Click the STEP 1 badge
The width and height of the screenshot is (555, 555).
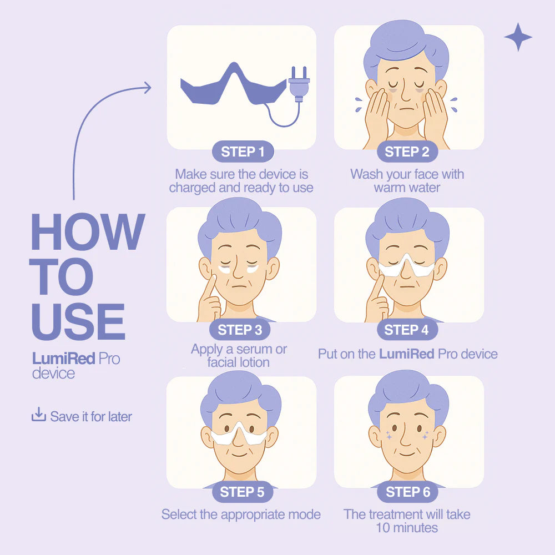(243, 152)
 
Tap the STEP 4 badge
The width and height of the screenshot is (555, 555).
(406, 330)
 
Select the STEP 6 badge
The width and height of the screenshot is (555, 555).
(408, 492)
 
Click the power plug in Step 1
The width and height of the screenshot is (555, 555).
(299, 84)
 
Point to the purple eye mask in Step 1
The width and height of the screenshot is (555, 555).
(233, 85)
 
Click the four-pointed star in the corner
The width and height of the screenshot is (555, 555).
(518, 37)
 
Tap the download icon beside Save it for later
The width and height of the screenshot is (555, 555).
(39, 415)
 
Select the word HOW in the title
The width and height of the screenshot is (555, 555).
(88, 231)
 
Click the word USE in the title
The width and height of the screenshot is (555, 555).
(78, 321)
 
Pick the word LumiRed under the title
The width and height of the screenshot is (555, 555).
(64, 359)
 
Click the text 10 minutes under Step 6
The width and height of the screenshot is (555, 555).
(407, 528)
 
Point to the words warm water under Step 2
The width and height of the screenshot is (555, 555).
(407, 188)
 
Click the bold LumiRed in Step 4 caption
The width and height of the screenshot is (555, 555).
(407, 354)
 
